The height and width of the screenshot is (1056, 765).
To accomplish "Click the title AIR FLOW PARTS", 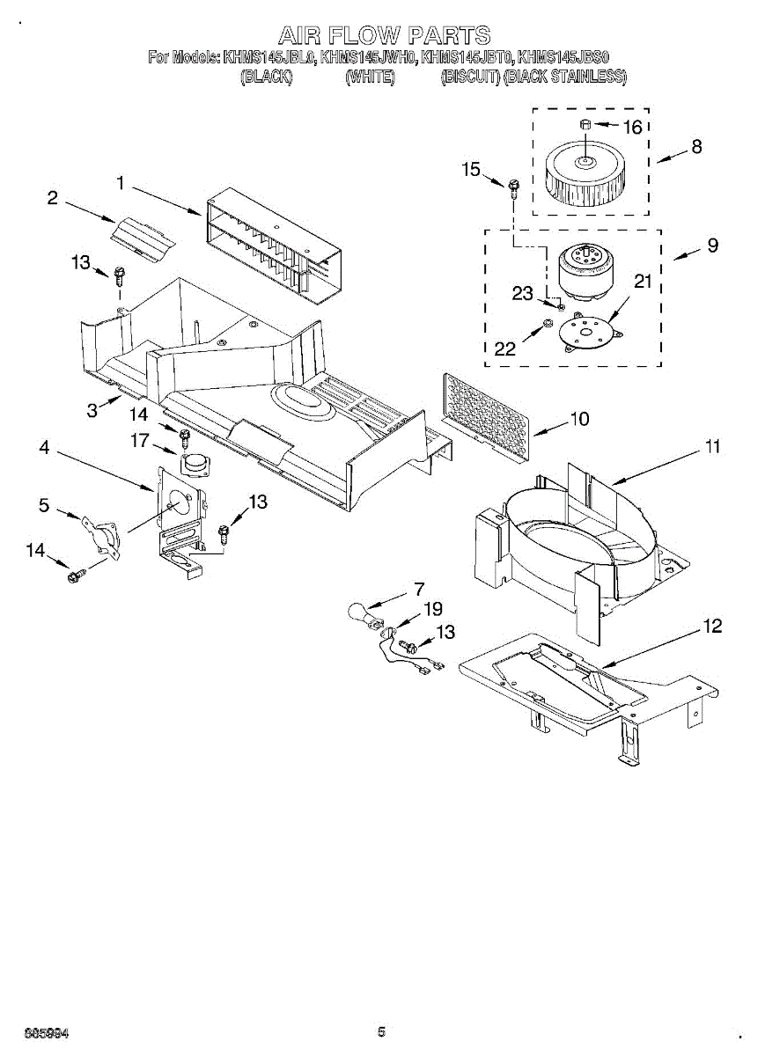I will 384,36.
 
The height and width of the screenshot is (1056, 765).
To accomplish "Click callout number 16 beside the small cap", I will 632,127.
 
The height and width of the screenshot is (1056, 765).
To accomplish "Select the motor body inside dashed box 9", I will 584,268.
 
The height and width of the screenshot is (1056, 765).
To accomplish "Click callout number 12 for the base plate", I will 711,626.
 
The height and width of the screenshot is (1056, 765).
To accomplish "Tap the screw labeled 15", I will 514,186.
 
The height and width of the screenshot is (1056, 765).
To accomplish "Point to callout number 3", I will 92,411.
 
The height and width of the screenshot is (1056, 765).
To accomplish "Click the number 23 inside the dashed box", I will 522,294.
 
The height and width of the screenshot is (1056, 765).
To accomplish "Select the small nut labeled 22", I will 547,325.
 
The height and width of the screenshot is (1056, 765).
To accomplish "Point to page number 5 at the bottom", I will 381,1032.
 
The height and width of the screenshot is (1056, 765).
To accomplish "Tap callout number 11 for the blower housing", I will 711,446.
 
